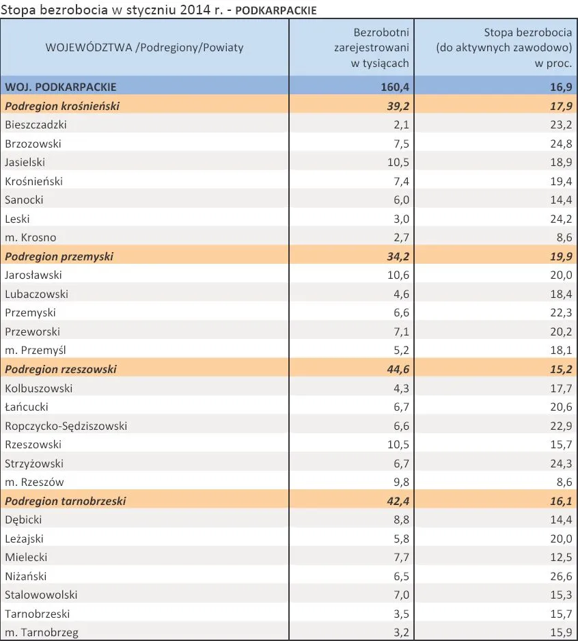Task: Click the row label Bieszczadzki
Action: pos(36,124)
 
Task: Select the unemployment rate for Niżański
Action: pos(561,576)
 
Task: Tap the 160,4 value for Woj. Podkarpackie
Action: pos(395,87)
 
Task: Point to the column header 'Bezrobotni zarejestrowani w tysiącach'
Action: pos(372,47)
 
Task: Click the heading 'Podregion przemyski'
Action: pos(59,256)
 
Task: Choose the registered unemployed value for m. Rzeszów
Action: pos(401,482)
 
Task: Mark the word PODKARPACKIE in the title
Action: pos(276,10)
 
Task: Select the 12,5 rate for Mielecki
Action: pos(561,557)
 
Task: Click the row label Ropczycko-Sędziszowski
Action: pos(66,426)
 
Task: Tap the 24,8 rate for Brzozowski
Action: pos(561,144)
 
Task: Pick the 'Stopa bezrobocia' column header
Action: pos(504,47)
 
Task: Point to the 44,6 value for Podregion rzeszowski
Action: pos(398,369)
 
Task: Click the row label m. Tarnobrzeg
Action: pos(42,632)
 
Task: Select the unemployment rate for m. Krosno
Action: pos(564,238)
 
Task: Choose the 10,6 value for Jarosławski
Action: pos(398,275)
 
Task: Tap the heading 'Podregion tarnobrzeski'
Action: pos(66,501)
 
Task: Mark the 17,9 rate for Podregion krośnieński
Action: pos(561,106)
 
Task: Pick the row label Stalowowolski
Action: pos(41,595)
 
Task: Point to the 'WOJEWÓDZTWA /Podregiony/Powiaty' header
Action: pos(144,47)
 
